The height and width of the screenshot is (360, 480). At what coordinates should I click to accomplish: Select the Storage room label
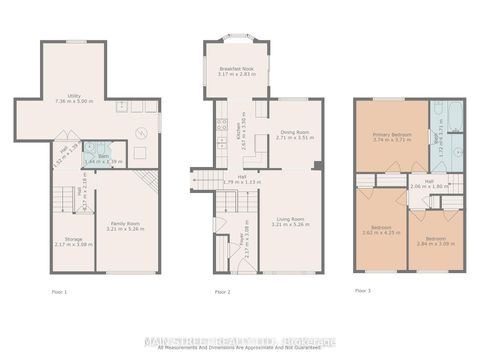(74, 239)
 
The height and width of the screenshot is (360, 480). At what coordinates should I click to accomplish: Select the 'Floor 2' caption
(223, 290)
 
